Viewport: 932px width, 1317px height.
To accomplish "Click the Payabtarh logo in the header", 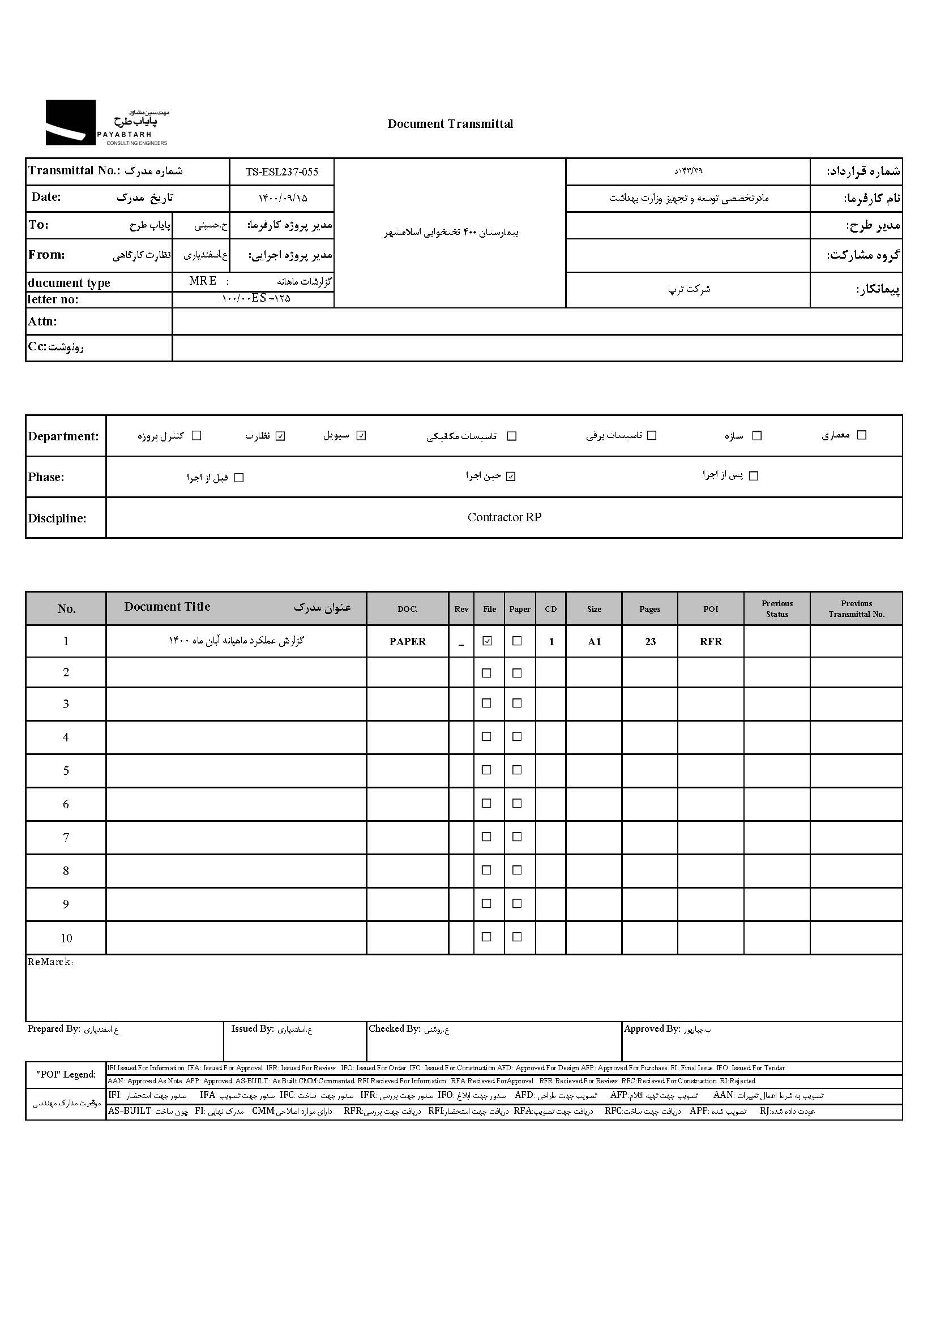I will tap(107, 123).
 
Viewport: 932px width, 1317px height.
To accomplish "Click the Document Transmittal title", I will tap(450, 124).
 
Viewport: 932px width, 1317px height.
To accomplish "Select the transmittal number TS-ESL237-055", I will tap(281, 171).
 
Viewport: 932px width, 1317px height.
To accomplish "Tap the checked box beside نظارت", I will tap(280, 436).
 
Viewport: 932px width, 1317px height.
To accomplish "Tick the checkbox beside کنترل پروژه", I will tap(196, 435).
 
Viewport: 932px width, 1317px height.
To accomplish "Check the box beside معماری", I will tap(861, 435).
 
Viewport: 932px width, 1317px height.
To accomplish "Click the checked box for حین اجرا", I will tap(511, 477).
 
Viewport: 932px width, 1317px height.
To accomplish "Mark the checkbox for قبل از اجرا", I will tap(240, 478).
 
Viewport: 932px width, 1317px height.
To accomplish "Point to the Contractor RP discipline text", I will tap(504, 517).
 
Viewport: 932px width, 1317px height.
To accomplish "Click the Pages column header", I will tap(649, 609).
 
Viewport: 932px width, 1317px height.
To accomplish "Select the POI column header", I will tap(711, 609).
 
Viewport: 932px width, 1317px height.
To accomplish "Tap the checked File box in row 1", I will tap(488, 641).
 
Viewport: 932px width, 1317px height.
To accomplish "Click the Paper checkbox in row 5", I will tap(517, 770).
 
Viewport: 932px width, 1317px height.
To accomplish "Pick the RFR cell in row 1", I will tap(711, 642).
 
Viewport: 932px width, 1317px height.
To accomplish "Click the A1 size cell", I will tap(594, 642).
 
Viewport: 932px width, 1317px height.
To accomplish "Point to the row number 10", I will tap(66, 938).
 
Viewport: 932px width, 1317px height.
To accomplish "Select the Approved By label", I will tap(651, 1029).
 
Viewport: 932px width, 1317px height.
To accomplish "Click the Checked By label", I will tap(394, 1029).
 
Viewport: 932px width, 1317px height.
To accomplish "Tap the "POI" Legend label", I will tap(66, 1074).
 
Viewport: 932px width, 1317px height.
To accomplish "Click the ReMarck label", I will tap(50, 962).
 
